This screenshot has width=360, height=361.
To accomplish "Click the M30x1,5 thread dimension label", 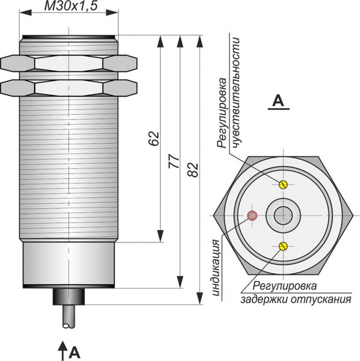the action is [x=70, y=6].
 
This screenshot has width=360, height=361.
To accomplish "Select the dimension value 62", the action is [x=154, y=138].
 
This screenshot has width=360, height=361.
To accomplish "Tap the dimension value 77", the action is [x=174, y=161].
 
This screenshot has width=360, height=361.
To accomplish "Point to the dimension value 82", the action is [x=193, y=170].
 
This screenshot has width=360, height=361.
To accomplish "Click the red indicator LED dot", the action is [x=252, y=215].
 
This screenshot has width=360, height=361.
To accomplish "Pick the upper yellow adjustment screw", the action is [x=283, y=185].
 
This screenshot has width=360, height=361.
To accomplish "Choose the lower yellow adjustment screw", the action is [x=283, y=246].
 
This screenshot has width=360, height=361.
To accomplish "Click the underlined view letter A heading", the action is [x=279, y=102].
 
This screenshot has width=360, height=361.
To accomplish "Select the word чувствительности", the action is [x=236, y=92].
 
